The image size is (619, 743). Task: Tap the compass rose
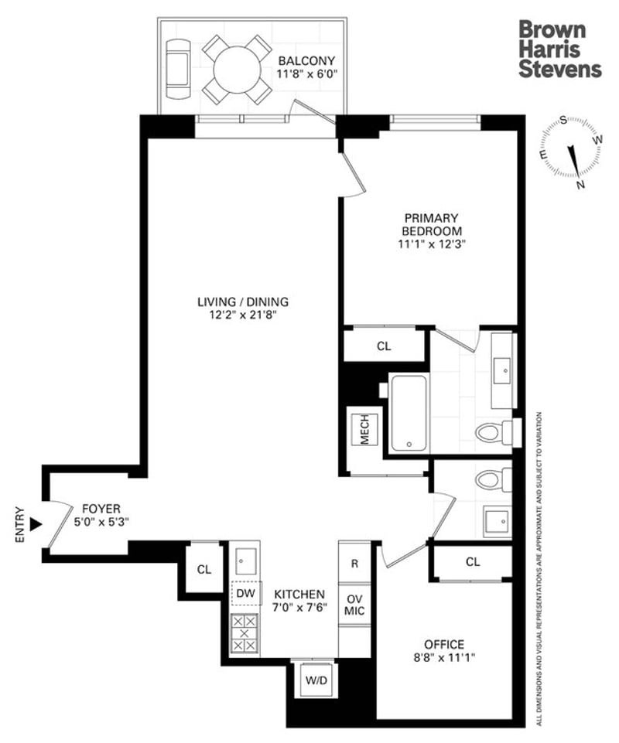click(573, 152)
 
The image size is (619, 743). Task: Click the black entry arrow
click(34, 525)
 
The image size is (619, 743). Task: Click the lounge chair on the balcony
click(179, 70)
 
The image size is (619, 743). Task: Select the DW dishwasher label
click(245, 593)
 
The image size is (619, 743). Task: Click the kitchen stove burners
click(245, 632)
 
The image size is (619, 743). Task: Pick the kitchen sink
click(245, 558)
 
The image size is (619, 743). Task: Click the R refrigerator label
click(355, 564)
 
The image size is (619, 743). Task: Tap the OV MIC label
click(355, 605)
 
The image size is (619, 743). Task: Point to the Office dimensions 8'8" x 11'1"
click(444, 658)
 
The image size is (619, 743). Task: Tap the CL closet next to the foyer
click(203, 570)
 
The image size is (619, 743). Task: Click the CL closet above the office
click(473, 562)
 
